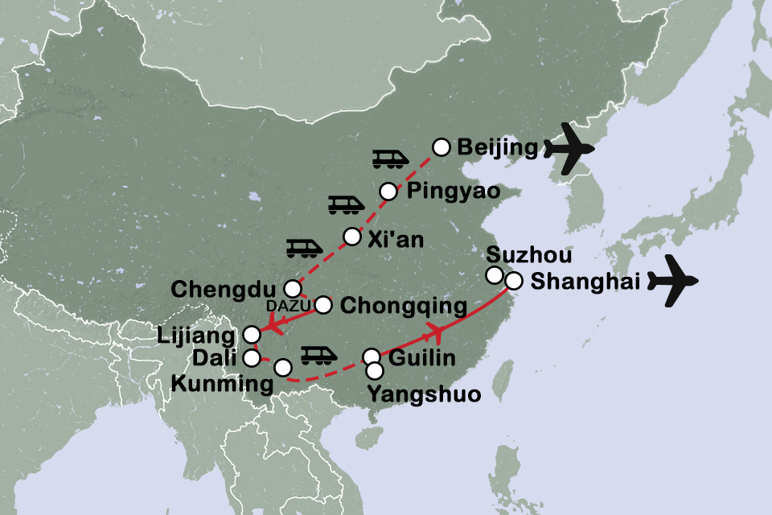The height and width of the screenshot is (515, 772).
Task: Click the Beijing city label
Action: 495,147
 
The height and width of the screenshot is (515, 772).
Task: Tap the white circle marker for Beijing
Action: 441,146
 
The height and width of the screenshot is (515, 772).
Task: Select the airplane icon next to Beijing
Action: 569,149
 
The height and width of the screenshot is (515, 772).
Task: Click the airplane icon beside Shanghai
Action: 674,282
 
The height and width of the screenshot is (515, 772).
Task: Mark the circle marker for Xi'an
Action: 352,237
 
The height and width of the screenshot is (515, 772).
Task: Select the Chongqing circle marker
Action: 323,305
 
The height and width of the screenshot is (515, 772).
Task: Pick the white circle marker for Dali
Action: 252,356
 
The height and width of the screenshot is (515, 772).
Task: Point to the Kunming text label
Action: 223,385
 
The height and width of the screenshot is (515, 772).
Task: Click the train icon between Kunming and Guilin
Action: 314,354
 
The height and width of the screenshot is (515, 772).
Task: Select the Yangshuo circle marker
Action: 375,371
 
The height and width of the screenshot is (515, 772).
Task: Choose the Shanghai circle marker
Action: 514,282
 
